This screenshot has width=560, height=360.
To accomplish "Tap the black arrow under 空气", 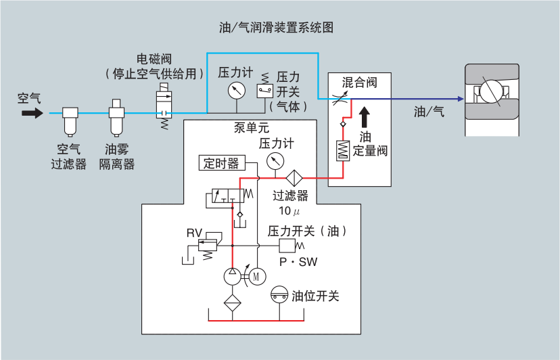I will coord(31,114).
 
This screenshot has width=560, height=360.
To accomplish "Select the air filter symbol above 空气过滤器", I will coord(70,122).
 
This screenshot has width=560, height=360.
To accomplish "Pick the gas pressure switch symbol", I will coord(264,90).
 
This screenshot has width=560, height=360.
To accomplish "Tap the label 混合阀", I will coord(358,83).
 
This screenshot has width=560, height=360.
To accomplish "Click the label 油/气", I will coord(429,112).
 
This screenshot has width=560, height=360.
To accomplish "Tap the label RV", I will coord(194,233).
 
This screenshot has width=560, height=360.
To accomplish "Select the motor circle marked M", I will coord(256,275).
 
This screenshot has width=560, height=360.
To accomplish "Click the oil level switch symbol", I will coord(279,295).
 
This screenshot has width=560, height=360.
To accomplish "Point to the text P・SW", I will coord(298,261).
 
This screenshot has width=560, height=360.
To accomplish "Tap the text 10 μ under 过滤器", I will coord(289,210).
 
